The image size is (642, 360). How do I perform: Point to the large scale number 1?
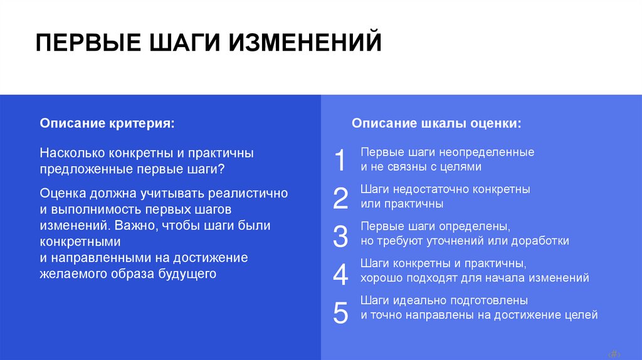coord(340,160)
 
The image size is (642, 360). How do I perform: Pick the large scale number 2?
coord(340,198)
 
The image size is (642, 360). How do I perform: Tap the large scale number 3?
coord(340,236)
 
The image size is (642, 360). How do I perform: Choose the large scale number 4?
coord(340,274)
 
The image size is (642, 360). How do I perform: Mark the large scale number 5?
coord(340,312)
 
